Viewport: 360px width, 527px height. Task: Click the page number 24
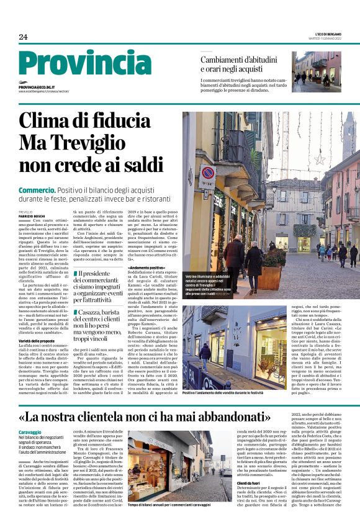pos(24,37)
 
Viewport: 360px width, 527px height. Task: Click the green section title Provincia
pos(84,63)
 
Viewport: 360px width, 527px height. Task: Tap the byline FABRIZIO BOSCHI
pos(33,215)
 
